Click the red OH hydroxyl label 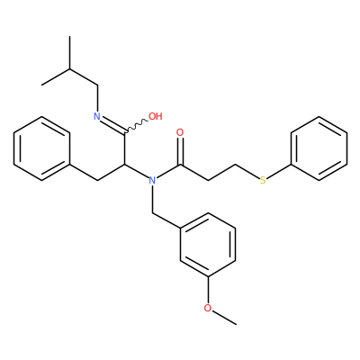(156, 116)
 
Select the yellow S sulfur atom (263, 180)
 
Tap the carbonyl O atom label (180, 132)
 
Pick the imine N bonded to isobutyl (97, 116)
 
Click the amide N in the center (152, 180)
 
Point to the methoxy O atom (208, 308)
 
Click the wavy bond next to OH (136, 126)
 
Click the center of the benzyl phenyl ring (41, 148)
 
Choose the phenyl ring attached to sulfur (319, 148)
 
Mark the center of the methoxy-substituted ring (208, 245)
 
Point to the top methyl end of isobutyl (69, 37)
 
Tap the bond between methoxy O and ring (208, 290)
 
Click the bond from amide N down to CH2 (152, 199)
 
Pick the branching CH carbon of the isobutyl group (69, 69)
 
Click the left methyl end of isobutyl (42, 85)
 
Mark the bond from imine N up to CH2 (97, 98)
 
